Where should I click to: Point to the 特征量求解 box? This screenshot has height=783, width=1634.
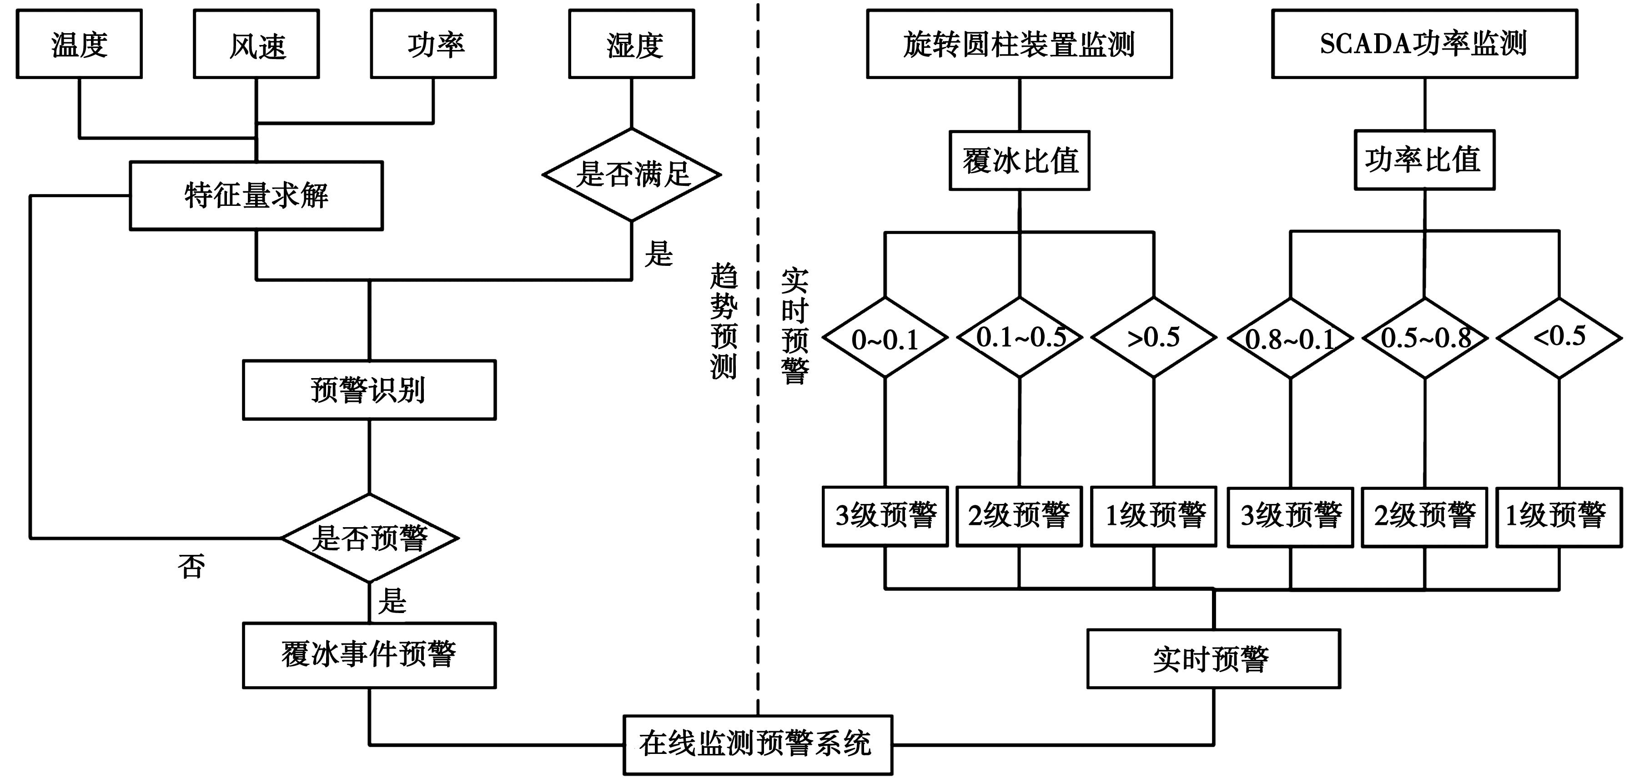(x=256, y=195)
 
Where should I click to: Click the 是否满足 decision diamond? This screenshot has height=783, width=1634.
(x=632, y=175)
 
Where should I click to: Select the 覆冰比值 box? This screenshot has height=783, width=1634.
(x=1019, y=160)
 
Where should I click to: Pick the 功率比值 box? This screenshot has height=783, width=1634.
(x=1424, y=160)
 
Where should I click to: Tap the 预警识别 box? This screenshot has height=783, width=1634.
(x=369, y=390)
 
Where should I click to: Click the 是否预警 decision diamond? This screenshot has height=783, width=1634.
(x=370, y=538)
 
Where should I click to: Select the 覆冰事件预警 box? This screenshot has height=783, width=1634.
(x=369, y=655)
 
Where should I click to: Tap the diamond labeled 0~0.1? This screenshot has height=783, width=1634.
(x=885, y=339)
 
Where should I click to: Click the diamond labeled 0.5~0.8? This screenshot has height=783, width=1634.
(x=1425, y=339)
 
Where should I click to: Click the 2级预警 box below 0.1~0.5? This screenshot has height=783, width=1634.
(x=1019, y=516)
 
